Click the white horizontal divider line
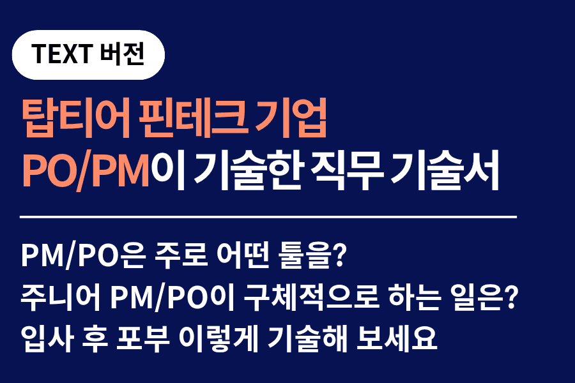[268, 218]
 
